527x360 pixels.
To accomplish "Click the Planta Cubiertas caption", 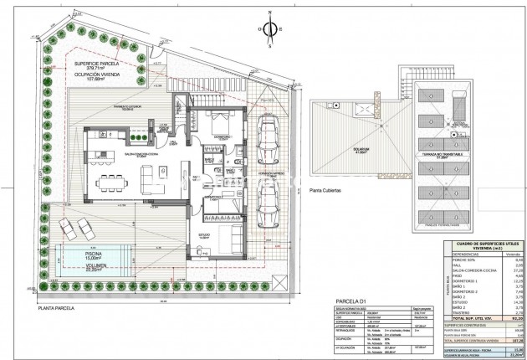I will coord(328,190).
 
